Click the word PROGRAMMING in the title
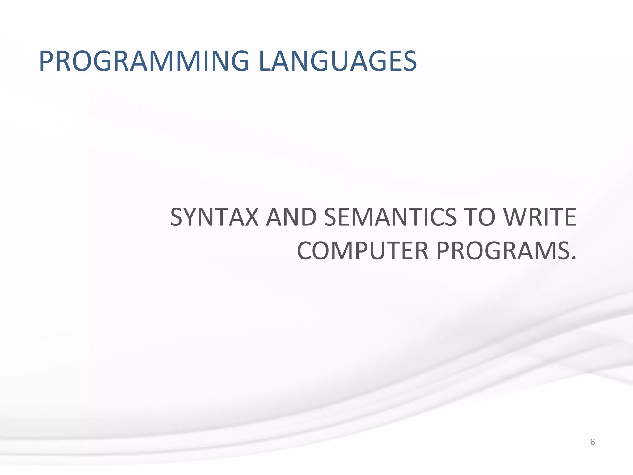point(144,62)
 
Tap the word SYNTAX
point(214,217)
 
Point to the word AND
point(291,217)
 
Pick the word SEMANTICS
point(390,217)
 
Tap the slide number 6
point(593,442)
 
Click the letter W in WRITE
point(517,217)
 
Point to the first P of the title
point(47,62)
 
